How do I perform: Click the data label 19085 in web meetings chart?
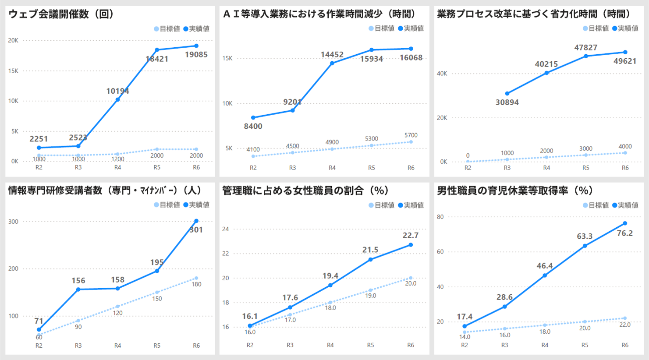(196, 55)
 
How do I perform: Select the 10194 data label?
(117, 91)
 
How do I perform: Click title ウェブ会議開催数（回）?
(62, 14)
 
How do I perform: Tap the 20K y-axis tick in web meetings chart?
(13, 40)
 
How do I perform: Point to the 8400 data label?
(253, 127)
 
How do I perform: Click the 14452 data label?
(332, 55)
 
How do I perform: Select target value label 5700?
(411, 135)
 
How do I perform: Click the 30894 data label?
(507, 102)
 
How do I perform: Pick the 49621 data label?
(624, 61)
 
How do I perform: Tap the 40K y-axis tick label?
(442, 74)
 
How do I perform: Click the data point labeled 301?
(196, 221)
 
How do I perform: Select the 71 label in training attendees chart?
(39, 321)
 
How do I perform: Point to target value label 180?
(196, 284)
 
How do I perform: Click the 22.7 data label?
(410, 236)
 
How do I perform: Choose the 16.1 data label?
(250, 316)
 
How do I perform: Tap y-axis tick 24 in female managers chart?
(226, 229)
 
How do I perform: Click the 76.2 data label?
(624, 233)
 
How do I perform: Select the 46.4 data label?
(544, 266)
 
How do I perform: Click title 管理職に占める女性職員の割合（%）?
(305, 191)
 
